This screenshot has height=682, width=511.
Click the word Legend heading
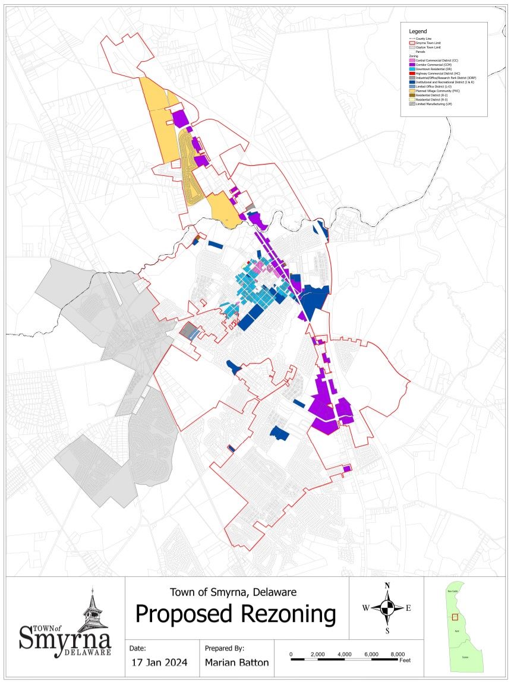click(x=418, y=31)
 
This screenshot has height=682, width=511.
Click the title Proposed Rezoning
click(x=235, y=614)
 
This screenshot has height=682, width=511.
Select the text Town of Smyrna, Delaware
click(x=233, y=592)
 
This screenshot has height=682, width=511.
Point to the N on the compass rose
click(x=387, y=586)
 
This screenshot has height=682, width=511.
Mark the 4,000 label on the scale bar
click(x=345, y=654)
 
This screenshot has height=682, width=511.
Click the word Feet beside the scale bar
click(x=405, y=661)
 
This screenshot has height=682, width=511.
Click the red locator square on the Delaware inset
click(x=455, y=616)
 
